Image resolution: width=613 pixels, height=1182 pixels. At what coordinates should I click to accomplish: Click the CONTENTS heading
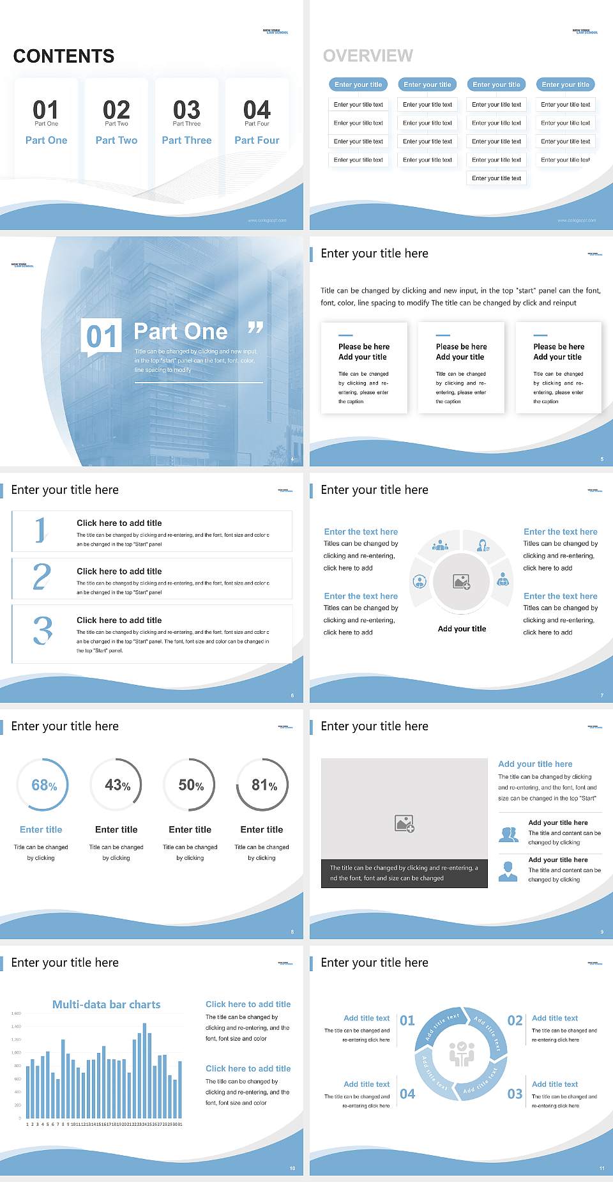tap(64, 56)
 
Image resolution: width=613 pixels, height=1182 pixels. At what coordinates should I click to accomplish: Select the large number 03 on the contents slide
tap(186, 110)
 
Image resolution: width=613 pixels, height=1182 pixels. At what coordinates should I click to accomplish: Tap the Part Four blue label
tap(257, 141)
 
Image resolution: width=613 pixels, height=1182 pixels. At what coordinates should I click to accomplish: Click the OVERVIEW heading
tap(368, 56)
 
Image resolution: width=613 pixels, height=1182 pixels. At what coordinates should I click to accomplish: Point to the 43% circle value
tap(117, 785)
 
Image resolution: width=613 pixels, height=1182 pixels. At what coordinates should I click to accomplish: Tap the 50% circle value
tap(191, 785)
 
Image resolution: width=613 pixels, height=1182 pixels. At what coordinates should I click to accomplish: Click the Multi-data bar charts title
tap(107, 1004)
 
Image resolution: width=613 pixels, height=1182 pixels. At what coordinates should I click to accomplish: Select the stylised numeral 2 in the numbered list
tap(42, 577)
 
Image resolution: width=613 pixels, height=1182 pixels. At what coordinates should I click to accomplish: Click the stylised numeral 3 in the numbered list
tap(43, 631)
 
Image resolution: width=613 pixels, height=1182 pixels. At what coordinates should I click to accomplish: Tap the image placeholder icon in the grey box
tap(405, 824)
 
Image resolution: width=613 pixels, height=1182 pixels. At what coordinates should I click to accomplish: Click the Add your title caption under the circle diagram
tap(462, 629)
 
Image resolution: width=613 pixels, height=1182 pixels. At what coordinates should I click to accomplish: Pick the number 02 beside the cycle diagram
tap(515, 1020)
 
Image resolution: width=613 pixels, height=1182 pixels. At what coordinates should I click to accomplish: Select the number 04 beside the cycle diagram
tap(407, 1094)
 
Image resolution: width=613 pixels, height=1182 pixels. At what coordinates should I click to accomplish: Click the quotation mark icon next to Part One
tap(255, 328)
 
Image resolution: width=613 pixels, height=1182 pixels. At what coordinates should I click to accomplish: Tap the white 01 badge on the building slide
tap(101, 337)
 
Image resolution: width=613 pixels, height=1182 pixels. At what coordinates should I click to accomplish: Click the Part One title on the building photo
tap(181, 332)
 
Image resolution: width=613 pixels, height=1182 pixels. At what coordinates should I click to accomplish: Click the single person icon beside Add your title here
tap(508, 871)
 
